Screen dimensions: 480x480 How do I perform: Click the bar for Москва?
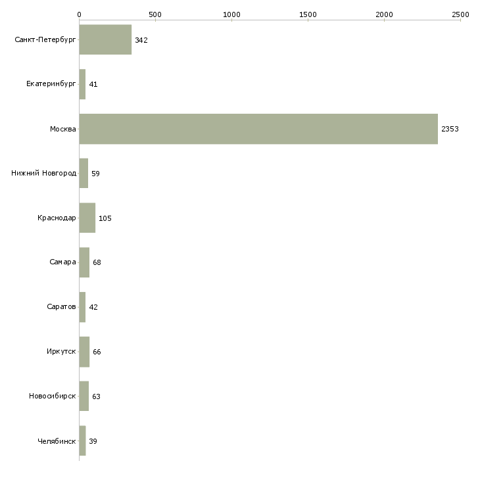[x=258, y=129]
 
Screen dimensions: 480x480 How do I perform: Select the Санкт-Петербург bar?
[x=105, y=39]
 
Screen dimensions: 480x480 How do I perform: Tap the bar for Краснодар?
[x=87, y=218]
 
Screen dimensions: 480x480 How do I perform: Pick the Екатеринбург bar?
[x=82, y=84]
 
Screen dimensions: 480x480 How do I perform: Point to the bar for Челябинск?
[x=82, y=441]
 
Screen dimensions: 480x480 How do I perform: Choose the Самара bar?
[x=84, y=262]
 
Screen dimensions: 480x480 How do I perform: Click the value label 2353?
[x=450, y=129]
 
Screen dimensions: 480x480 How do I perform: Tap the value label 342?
[x=141, y=40]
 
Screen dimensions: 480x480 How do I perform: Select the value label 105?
[x=105, y=218]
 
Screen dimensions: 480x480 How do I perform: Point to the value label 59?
[x=95, y=174]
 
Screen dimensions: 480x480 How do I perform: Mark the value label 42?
[x=93, y=307]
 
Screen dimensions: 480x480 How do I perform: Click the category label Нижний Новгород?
[x=44, y=174]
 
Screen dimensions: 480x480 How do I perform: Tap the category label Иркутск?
[x=61, y=351]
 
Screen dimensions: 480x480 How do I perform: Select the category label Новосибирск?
[x=53, y=396]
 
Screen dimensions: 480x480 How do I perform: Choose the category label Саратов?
[x=61, y=306]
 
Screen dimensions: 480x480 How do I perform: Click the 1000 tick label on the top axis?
[x=231, y=14]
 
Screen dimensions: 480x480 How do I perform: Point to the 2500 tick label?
[x=460, y=14]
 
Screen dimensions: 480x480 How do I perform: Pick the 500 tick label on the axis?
[x=155, y=14]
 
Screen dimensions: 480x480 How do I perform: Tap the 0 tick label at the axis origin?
[x=80, y=14]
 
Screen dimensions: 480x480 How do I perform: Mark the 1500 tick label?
[x=308, y=14]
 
